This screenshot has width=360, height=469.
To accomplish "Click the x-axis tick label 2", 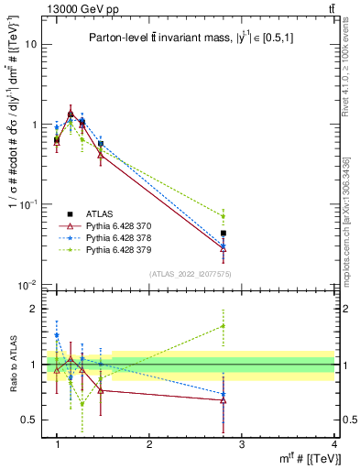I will pyautogui.click(x=149, y=444).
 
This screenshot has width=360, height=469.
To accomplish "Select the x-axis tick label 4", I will pyautogui.click(x=334, y=444).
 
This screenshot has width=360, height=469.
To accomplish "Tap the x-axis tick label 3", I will pyautogui.click(x=242, y=444).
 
